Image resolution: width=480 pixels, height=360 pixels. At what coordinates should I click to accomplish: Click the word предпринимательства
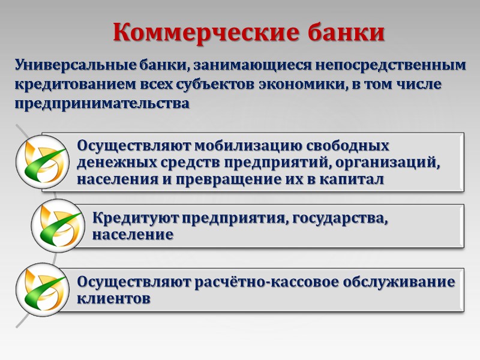(102, 104)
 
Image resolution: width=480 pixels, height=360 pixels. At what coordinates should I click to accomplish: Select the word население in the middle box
(133, 235)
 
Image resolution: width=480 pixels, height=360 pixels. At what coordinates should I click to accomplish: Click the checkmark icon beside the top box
(41, 163)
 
